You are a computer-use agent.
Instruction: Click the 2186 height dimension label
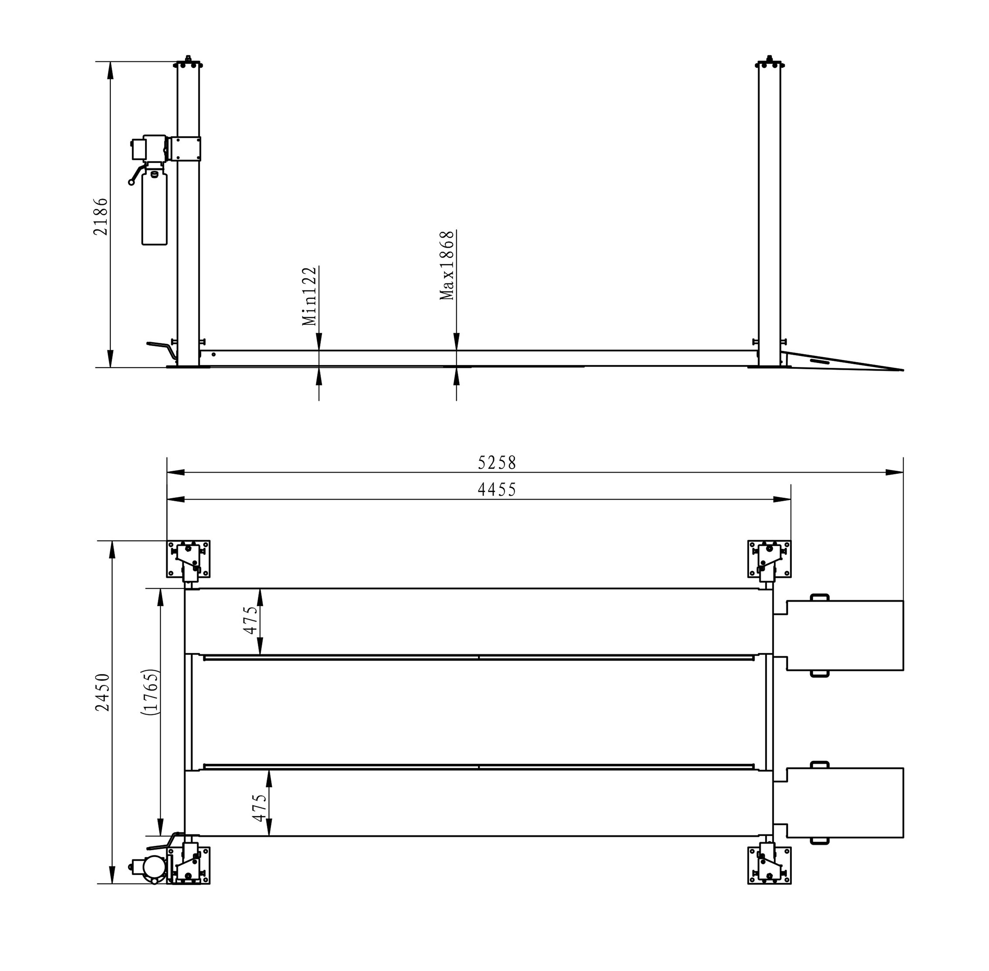point(100,216)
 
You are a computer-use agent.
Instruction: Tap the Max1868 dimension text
point(447,265)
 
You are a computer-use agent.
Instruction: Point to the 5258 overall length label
point(497,463)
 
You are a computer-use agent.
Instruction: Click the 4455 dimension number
point(497,490)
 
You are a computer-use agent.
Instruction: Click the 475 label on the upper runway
point(250,620)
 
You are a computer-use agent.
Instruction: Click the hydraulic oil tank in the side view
point(154,208)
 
